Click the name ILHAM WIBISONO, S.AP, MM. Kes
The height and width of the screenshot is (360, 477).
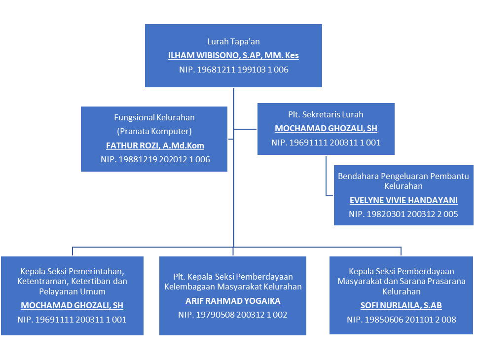coord(233,55)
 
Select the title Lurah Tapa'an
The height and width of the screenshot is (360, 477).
coord(233,41)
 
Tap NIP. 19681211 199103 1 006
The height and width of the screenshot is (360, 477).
coord(233,70)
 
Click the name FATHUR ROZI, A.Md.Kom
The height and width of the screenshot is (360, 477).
coord(155,145)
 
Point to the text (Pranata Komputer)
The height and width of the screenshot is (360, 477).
coord(154,131)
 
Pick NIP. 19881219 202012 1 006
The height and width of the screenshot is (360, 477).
coord(155,159)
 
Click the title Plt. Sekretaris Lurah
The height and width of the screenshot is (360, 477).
coord(326,114)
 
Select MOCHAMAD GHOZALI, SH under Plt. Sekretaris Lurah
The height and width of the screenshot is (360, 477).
coord(326,128)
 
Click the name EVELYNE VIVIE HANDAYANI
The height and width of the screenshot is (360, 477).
coord(404,200)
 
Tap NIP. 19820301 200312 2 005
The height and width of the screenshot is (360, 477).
coord(404,214)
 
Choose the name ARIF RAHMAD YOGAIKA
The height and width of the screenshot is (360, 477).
coord(233,301)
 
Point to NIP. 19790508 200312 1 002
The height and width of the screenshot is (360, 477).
coord(233,315)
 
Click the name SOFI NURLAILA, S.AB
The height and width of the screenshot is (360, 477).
coord(401,306)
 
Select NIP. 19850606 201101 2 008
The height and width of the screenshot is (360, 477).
coord(401,320)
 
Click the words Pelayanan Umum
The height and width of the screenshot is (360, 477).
coord(72,291)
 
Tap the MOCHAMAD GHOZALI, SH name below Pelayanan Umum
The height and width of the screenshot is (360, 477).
coord(72,306)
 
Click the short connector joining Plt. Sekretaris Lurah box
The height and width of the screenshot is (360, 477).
coord(245,129)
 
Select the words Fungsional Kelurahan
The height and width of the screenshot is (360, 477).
coord(154,117)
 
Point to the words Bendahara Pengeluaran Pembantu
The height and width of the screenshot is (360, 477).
coord(404,176)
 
